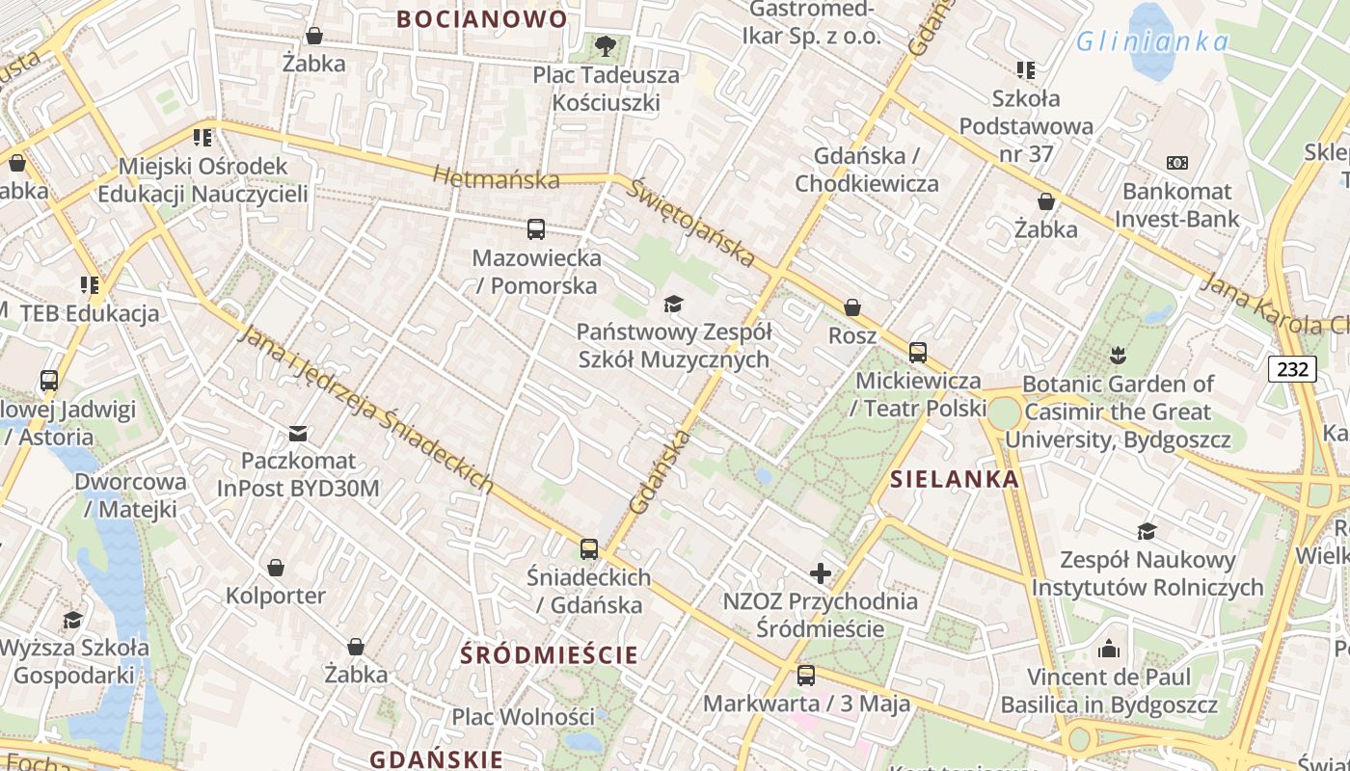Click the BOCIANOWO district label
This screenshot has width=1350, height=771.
(x=482, y=18)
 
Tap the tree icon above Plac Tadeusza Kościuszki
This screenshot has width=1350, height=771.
(x=606, y=44)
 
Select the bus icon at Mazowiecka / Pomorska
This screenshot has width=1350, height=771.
(x=536, y=229)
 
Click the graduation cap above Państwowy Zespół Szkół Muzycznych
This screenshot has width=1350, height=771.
(x=673, y=304)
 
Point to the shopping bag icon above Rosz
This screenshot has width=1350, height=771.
(x=852, y=307)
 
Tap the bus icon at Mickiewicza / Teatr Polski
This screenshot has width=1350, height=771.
(x=918, y=353)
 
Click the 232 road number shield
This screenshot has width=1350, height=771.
(x=1292, y=368)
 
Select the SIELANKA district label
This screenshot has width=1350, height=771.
(x=954, y=479)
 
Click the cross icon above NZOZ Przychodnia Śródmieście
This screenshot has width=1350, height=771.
(x=821, y=573)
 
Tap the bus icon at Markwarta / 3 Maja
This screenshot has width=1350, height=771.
(x=806, y=676)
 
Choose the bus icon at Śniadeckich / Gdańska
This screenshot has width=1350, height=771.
(x=589, y=549)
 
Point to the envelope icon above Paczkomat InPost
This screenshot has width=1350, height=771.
(x=298, y=434)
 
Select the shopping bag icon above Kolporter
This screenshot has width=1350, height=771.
(x=276, y=568)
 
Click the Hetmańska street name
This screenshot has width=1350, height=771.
(x=496, y=178)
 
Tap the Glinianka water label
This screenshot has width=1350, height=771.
(x=1152, y=41)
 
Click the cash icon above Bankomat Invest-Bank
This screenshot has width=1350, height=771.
(x=1177, y=163)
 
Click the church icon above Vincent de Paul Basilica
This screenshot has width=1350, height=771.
(x=1109, y=649)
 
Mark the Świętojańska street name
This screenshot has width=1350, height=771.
(x=689, y=222)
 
